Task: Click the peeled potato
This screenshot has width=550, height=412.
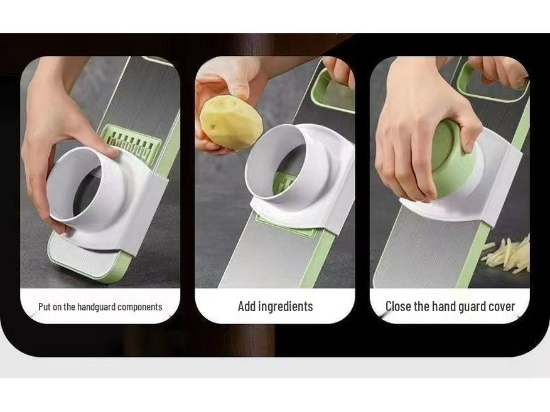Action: [230, 122]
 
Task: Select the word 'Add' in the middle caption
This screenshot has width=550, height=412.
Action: [247, 307]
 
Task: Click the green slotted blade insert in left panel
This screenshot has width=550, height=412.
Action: [131, 143]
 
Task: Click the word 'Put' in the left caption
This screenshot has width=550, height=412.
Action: [45, 307]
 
